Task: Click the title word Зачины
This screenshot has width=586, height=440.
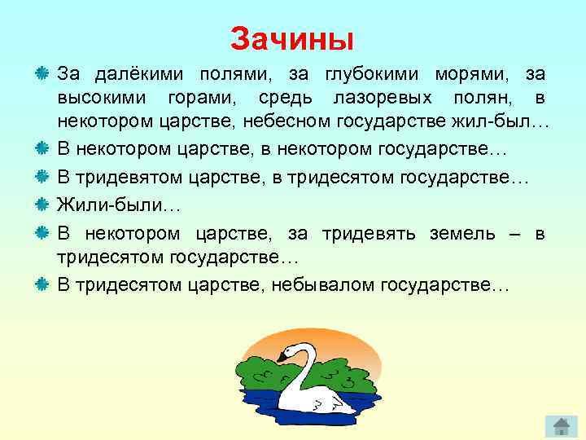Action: (x=292, y=38)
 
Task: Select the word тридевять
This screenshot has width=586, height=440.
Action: (x=369, y=234)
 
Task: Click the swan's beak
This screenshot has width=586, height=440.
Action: (x=281, y=356)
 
